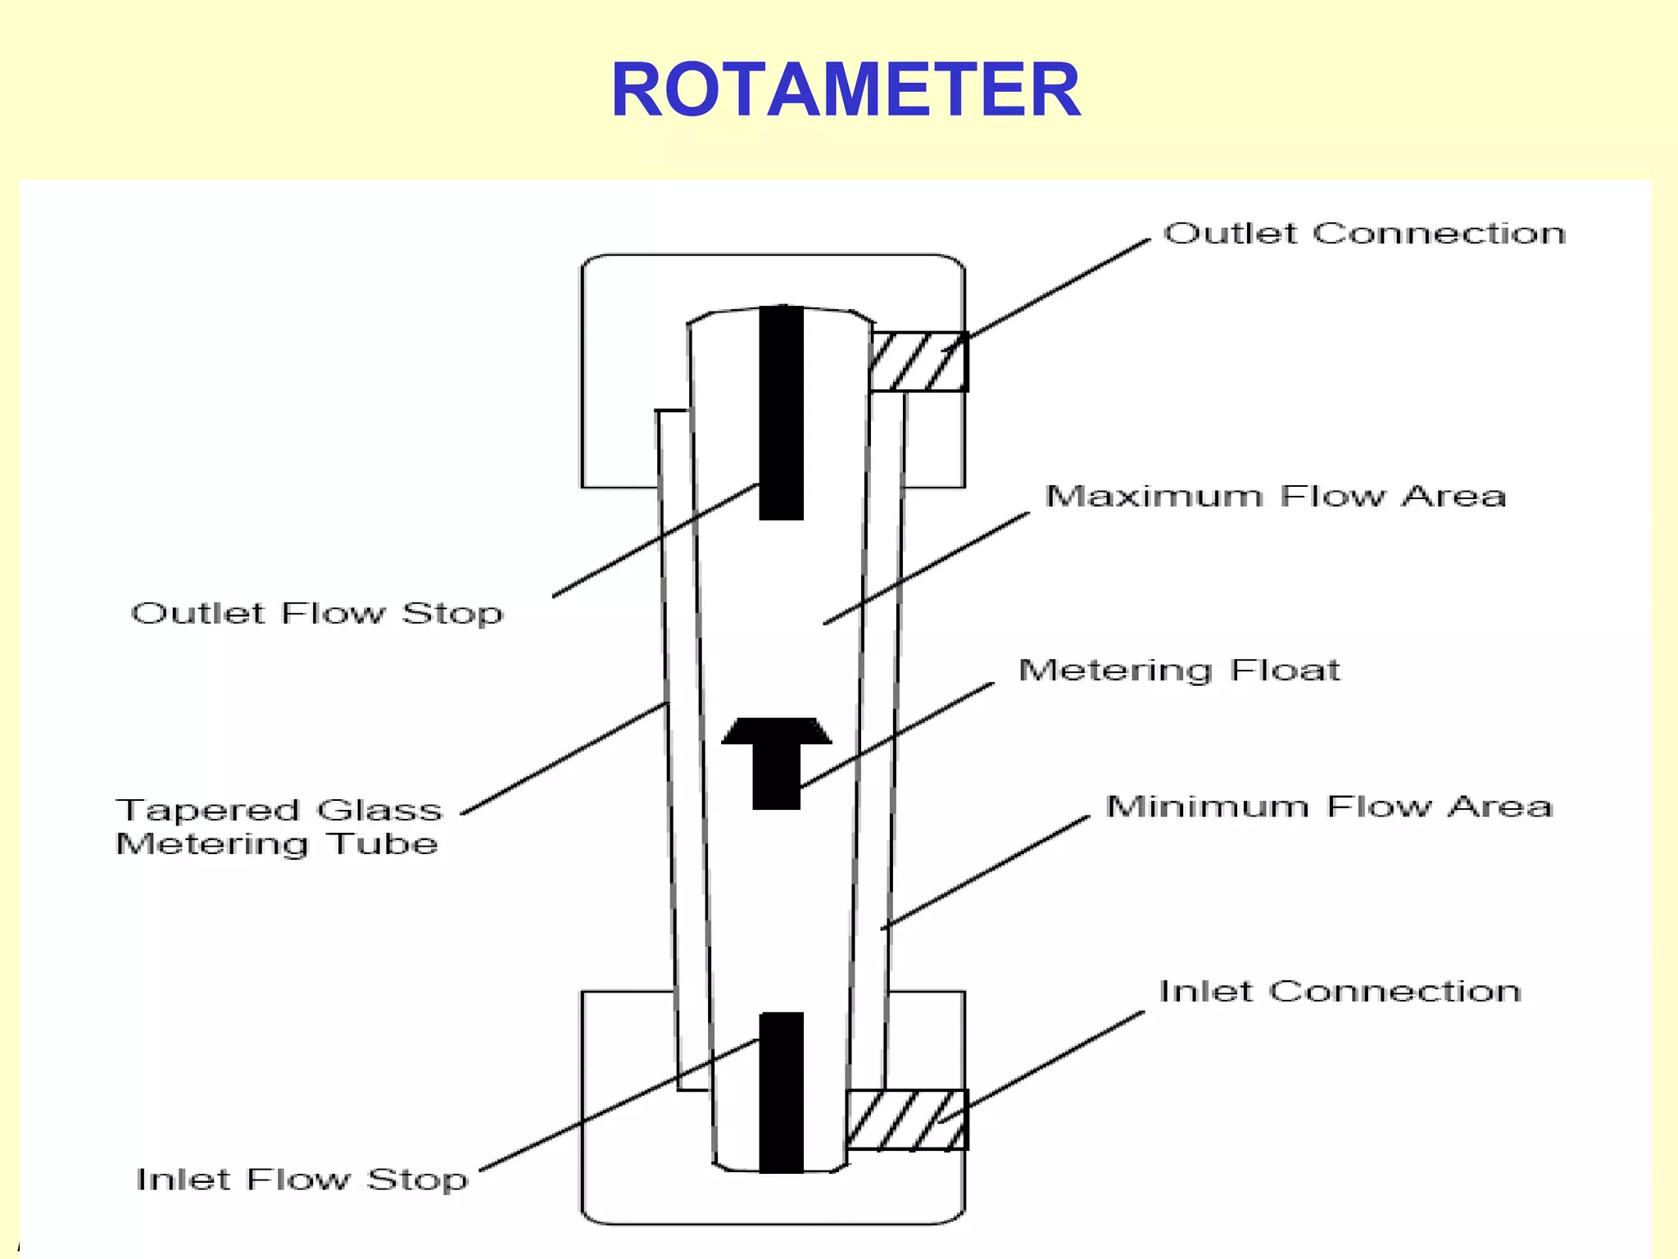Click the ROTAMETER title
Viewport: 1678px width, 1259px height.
pyautogui.click(x=846, y=90)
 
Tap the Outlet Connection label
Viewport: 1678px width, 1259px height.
pyautogui.click(x=1364, y=234)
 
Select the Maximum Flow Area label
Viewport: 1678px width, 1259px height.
pyautogui.click(x=1276, y=496)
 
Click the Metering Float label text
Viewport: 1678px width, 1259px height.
pyautogui.click(x=1179, y=670)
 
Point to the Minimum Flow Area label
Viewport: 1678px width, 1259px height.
pyautogui.click(x=1329, y=807)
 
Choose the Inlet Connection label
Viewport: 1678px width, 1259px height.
pyautogui.click(x=1340, y=992)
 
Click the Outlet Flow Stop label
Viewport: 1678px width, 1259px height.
pyautogui.click(x=317, y=613)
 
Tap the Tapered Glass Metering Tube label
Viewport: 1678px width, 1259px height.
pyautogui.click(x=279, y=826)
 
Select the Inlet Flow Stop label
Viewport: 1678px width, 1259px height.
pyautogui.click(x=302, y=1179)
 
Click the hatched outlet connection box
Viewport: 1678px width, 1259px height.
pyautogui.click(x=918, y=361)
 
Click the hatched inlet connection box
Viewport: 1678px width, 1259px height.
pyautogui.click(x=907, y=1120)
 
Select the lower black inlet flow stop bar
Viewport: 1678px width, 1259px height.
pyautogui.click(x=781, y=1092)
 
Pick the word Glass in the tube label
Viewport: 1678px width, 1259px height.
pyautogui.click(x=379, y=810)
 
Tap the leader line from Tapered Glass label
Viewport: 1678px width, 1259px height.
pyautogui.click(x=565, y=758)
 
